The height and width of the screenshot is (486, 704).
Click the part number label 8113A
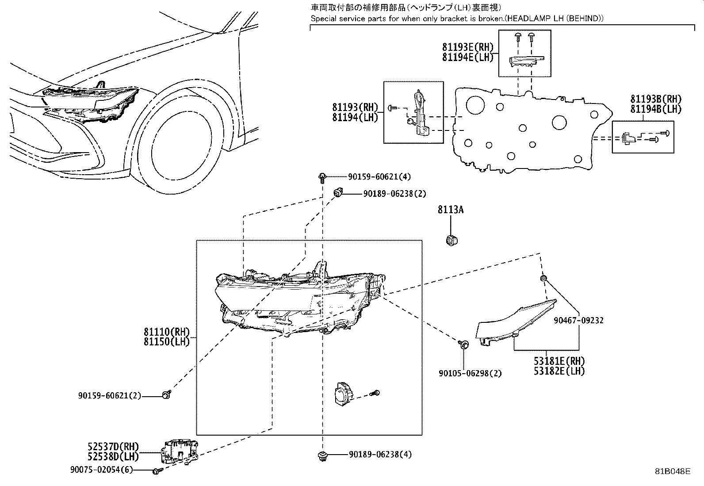(451, 210)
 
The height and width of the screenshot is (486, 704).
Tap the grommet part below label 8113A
(451, 241)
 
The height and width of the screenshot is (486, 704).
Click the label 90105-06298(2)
(470, 373)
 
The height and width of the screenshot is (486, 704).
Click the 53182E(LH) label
(559, 371)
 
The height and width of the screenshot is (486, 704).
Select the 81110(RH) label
(166, 332)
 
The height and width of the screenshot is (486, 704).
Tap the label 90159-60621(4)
(379, 177)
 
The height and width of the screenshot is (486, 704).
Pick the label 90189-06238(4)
(380, 454)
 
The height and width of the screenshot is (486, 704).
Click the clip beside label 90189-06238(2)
(337, 192)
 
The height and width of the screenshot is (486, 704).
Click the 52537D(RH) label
(113, 446)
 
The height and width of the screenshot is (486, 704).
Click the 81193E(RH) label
(467, 47)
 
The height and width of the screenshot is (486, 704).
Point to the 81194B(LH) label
(656, 109)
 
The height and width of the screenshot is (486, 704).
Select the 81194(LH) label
(355, 117)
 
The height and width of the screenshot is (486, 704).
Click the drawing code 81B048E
(672, 471)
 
